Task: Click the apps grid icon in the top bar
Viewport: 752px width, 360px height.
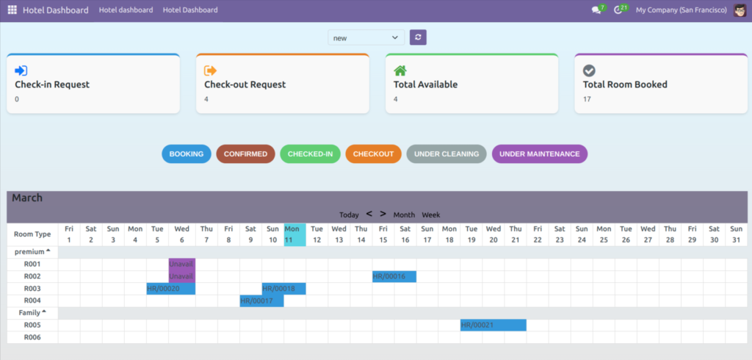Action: pos(12,10)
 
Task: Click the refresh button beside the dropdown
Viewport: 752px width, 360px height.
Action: pos(418,37)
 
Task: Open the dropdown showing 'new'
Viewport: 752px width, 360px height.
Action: pos(366,37)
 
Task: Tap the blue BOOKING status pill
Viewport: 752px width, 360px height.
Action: pos(187,154)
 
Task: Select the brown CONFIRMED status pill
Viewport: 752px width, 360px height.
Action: pos(245,154)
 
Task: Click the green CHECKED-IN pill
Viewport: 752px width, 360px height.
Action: pos(310,154)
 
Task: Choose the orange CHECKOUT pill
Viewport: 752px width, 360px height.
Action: pos(373,154)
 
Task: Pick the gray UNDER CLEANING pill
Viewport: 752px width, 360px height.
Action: pos(446,154)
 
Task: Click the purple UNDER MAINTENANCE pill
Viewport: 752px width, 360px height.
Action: pos(540,154)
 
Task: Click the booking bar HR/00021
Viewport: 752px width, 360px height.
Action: pos(493,325)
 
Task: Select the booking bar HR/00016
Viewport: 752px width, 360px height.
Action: pos(394,276)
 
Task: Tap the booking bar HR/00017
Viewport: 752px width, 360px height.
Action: pos(261,300)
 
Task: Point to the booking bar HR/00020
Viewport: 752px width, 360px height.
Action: pos(170,289)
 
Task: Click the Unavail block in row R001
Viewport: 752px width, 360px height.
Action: pos(181,264)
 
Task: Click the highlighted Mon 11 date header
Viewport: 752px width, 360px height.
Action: pos(294,234)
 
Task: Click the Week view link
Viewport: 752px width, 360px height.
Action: pos(431,215)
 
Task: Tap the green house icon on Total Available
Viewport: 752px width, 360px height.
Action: pos(400,71)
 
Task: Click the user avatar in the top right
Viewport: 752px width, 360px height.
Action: pos(740,10)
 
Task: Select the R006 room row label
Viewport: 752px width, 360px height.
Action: pos(32,337)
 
